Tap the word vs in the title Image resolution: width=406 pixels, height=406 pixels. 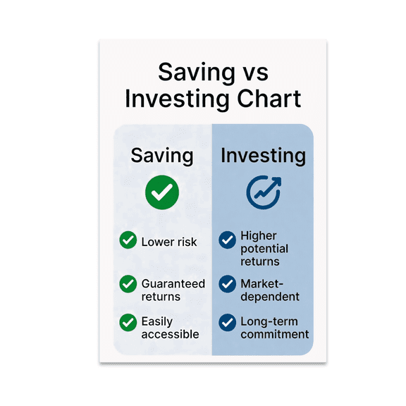[252, 72]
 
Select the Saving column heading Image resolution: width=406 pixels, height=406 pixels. [161, 156]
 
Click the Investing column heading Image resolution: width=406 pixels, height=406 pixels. [263, 156]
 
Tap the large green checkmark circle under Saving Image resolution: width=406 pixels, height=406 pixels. [162, 192]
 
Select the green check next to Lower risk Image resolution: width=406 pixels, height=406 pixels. [128, 241]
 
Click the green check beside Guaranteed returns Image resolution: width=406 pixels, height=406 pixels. [128, 284]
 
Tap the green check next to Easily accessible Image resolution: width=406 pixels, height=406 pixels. [128, 322]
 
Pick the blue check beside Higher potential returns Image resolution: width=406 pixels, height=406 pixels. [227, 240]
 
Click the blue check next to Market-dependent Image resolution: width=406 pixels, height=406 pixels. [227, 284]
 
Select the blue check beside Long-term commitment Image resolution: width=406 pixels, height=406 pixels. [227, 322]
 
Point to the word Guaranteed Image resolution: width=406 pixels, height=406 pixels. [173, 284]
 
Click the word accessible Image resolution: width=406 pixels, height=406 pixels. [170, 334]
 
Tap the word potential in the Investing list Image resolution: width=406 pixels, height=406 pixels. [264, 249]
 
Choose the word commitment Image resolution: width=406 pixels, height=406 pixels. [274, 334]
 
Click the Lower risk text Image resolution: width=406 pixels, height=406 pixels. [168, 242]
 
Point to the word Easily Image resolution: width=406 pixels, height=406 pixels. [156, 322]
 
